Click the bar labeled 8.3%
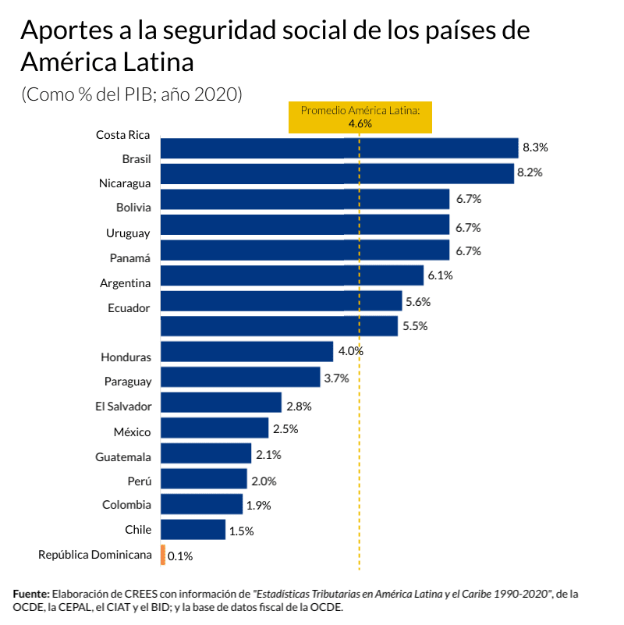(339, 148)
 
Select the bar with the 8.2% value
(337, 173)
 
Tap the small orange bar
(162, 555)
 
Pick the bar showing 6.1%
(292, 275)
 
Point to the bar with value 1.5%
(193, 530)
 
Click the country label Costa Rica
(123, 135)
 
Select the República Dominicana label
(94, 555)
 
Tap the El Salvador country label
(123, 406)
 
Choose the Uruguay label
(128, 233)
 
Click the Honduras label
(126, 357)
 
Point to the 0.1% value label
(179, 556)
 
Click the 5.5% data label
(415, 327)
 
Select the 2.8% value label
(299, 406)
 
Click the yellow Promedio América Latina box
(360, 117)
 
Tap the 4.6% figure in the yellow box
(360, 124)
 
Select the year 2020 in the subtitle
(216, 94)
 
